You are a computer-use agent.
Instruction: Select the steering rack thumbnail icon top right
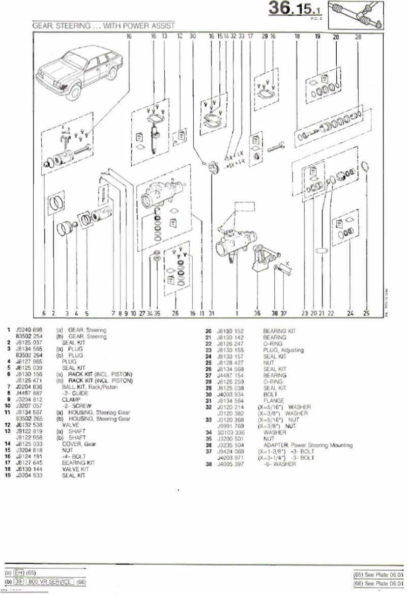click(356, 15)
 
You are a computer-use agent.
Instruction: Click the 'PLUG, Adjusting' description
click(283, 350)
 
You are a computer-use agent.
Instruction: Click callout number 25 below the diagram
click(366, 314)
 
